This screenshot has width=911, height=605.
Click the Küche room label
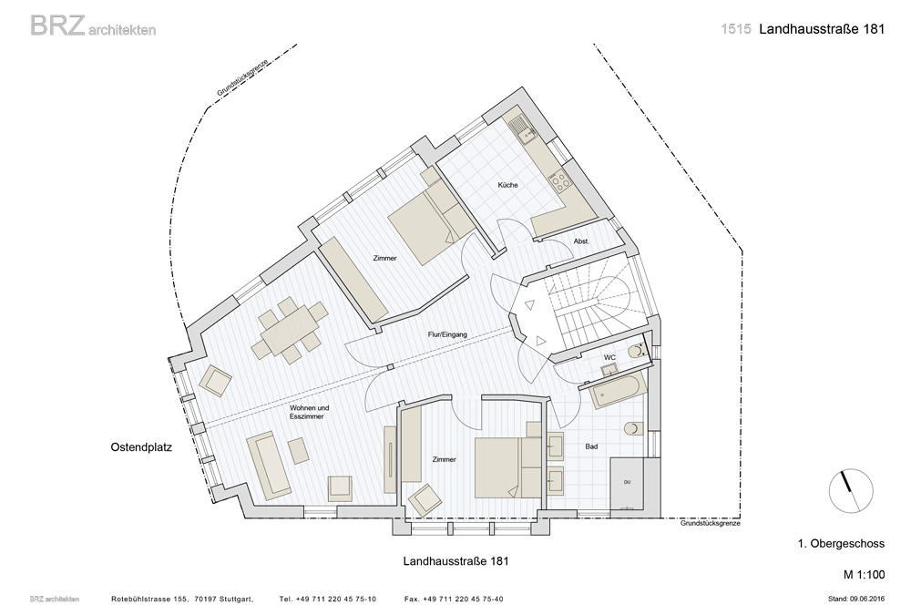(507, 185)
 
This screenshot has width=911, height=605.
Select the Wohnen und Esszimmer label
(306, 412)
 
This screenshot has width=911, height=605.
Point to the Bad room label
(591, 446)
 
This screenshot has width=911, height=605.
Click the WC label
(609, 357)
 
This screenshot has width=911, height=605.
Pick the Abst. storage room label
(581, 241)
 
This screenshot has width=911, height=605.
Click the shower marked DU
(627, 483)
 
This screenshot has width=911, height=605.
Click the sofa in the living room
(269, 466)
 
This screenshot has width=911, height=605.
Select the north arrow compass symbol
(851, 490)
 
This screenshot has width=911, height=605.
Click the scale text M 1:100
(865, 575)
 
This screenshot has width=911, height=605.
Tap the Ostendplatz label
(141, 447)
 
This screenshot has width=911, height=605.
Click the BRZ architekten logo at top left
(93, 26)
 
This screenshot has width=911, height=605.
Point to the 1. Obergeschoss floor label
(841, 544)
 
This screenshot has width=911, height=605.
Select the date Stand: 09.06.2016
(856, 599)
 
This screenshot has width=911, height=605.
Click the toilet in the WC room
(638, 351)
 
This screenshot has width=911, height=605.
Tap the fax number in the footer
(454, 599)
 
